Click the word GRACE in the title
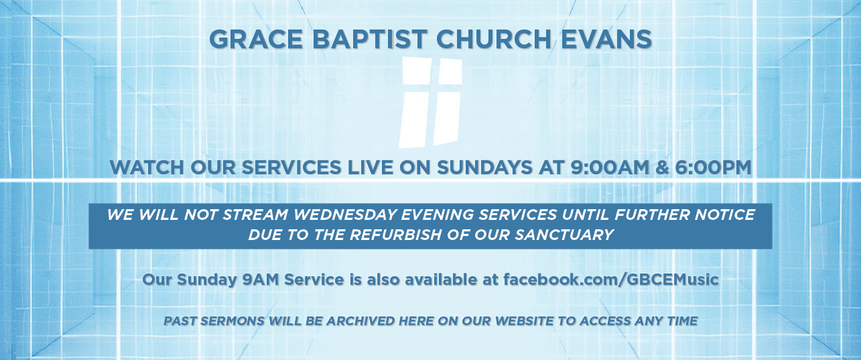(x=256, y=40)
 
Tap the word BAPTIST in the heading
(x=370, y=40)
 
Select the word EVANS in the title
(x=606, y=40)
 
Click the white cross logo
(x=430, y=103)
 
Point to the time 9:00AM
(x=609, y=168)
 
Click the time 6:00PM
(x=713, y=168)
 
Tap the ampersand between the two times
(x=662, y=168)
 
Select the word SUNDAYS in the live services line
(x=484, y=168)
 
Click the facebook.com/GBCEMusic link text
(x=611, y=280)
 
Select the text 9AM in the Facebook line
(x=260, y=280)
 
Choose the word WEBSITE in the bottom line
(x=525, y=320)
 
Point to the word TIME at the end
(x=683, y=320)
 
